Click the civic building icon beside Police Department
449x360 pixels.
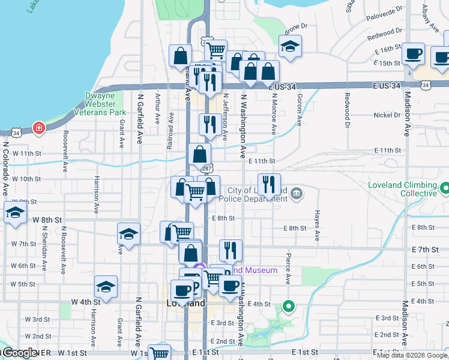297,194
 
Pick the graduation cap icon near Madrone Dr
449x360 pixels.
290,46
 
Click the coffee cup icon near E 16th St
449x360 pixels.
412,53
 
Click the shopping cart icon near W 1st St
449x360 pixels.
160,354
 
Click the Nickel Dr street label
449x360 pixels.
387,115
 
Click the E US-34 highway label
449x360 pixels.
285,87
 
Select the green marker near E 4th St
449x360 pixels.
288,307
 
